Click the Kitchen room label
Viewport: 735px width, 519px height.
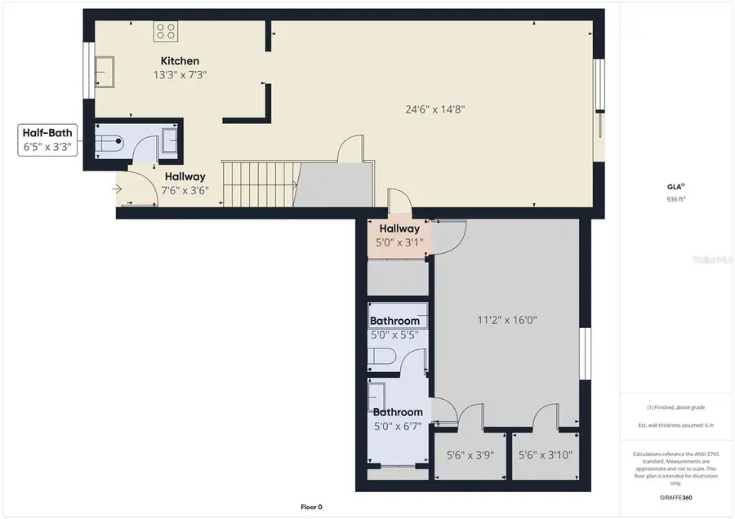[x=180, y=61]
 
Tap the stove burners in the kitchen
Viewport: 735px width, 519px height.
[x=166, y=31]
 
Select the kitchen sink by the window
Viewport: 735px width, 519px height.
[x=105, y=72]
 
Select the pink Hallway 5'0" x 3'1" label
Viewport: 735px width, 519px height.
[x=399, y=235]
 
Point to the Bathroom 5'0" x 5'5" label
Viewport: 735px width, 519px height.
[x=394, y=327]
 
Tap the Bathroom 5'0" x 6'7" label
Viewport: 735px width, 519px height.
[x=398, y=419]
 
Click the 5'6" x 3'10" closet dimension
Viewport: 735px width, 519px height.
[x=546, y=455]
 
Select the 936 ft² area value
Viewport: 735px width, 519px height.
[x=675, y=198]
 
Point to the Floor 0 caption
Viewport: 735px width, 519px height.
[x=311, y=508]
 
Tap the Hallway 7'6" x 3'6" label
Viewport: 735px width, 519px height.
[x=185, y=183]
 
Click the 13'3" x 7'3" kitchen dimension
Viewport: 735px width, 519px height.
[x=180, y=75]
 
